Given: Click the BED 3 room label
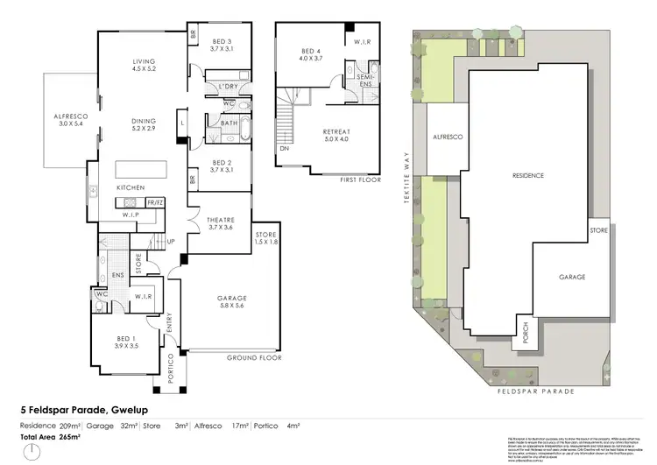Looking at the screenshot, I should pyautogui.click(x=221, y=46).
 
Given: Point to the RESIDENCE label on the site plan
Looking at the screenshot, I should pyautogui.click(x=527, y=175).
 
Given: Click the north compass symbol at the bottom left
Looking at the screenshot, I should pyautogui.click(x=32, y=453).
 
